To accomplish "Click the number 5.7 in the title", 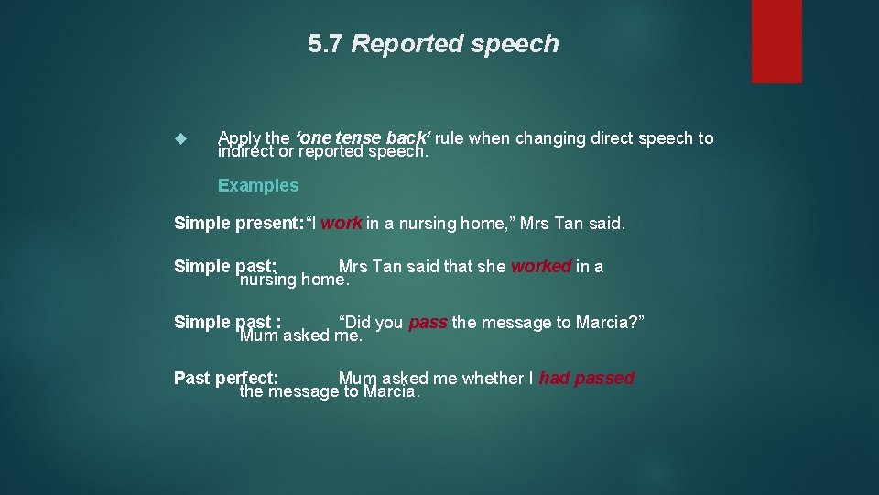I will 326,44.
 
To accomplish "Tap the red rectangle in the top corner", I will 776,41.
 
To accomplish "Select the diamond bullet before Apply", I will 179,139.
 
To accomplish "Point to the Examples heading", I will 258,185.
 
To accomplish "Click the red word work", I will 342,223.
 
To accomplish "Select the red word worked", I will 541,266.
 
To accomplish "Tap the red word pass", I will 428,322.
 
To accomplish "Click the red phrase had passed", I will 586,378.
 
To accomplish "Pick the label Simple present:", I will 238,223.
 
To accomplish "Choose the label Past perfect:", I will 226,378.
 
